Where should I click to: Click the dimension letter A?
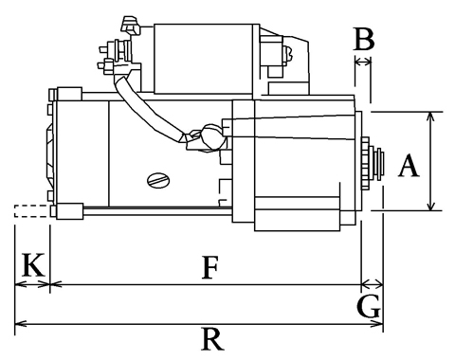click(409, 165)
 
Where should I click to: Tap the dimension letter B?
click(364, 39)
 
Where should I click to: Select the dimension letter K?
click(32, 265)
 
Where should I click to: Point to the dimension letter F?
click(209, 268)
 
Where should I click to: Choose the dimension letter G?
click(369, 306)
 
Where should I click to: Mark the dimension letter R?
click(212, 339)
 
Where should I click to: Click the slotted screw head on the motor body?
click(158, 181)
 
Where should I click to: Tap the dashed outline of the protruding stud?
click(32, 211)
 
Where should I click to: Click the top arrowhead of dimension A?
click(430, 117)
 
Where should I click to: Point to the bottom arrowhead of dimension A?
click(430, 206)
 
